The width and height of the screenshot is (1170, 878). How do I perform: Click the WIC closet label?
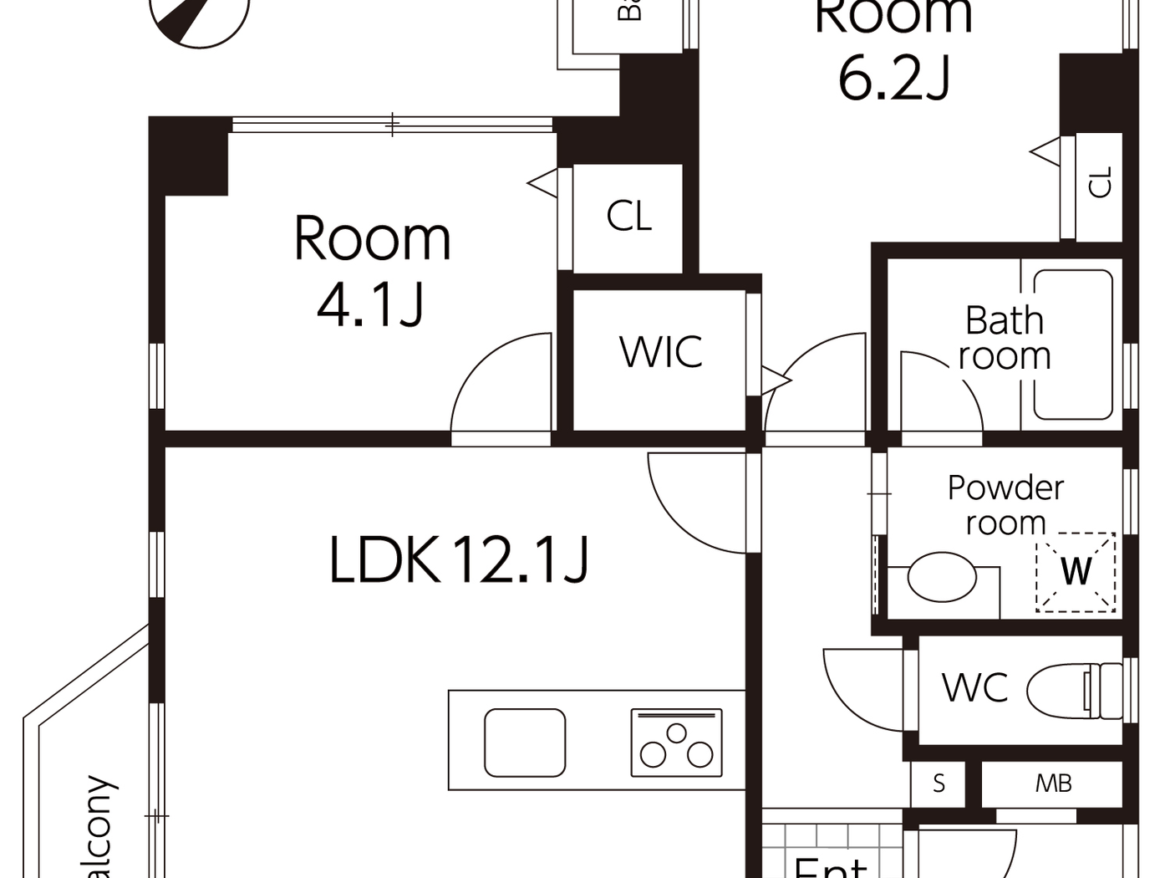(661, 352)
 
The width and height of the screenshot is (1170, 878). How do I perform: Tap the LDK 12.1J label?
(459, 559)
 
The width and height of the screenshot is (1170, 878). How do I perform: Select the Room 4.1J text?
(372, 270)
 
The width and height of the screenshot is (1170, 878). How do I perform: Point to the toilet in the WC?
(1075, 691)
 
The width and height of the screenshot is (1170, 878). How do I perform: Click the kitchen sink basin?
(525, 743)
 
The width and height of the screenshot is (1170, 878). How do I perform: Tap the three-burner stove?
(676, 743)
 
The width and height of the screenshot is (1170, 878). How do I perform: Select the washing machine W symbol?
(1076, 572)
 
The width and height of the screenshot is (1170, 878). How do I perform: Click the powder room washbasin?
(942, 577)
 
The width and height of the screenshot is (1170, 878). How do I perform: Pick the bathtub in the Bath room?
(1073, 344)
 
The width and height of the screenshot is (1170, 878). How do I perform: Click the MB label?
(1053, 784)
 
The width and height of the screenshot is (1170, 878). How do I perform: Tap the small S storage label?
(939, 784)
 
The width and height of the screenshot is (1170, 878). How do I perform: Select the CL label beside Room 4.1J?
(628, 217)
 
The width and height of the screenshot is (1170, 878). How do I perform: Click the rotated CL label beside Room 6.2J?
(1101, 182)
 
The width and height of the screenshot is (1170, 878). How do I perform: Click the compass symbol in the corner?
(201, 17)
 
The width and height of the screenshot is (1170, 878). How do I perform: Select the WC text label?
(974, 688)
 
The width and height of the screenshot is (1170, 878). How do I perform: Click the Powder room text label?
(1005, 505)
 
